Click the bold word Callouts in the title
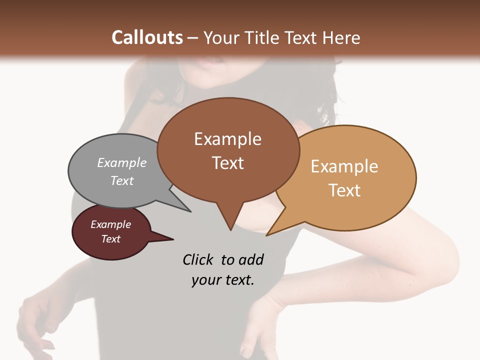pos(147,37)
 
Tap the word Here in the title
pos(341,37)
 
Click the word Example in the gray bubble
pos(122,163)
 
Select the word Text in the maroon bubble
pos(111,239)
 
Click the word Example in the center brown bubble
pos(227,139)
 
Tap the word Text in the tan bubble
pos(344,190)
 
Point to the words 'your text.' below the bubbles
pos(223,280)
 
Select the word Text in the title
pos(301,37)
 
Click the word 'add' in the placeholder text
pos(251,259)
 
